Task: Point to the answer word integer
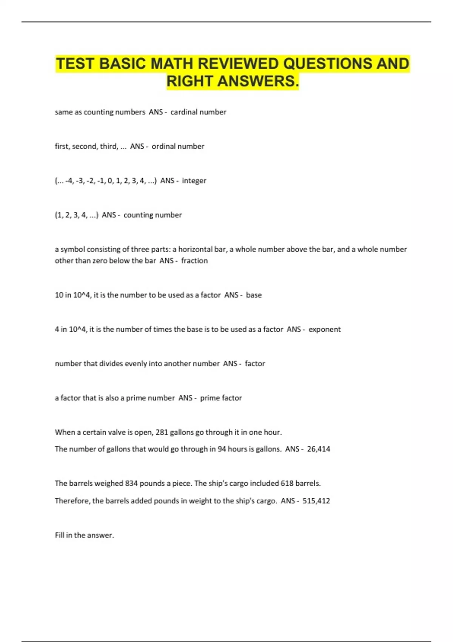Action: (x=194, y=181)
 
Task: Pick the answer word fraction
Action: (x=194, y=261)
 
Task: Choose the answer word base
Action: (x=254, y=295)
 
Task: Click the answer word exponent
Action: (x=324, y=329)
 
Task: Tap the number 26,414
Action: (x=319, y=449)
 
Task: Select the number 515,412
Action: (x=316, y=501)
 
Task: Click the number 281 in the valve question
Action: (x=162, y=432)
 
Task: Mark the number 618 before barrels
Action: (x=287, y=483)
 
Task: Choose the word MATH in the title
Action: (x=172, y=63)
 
